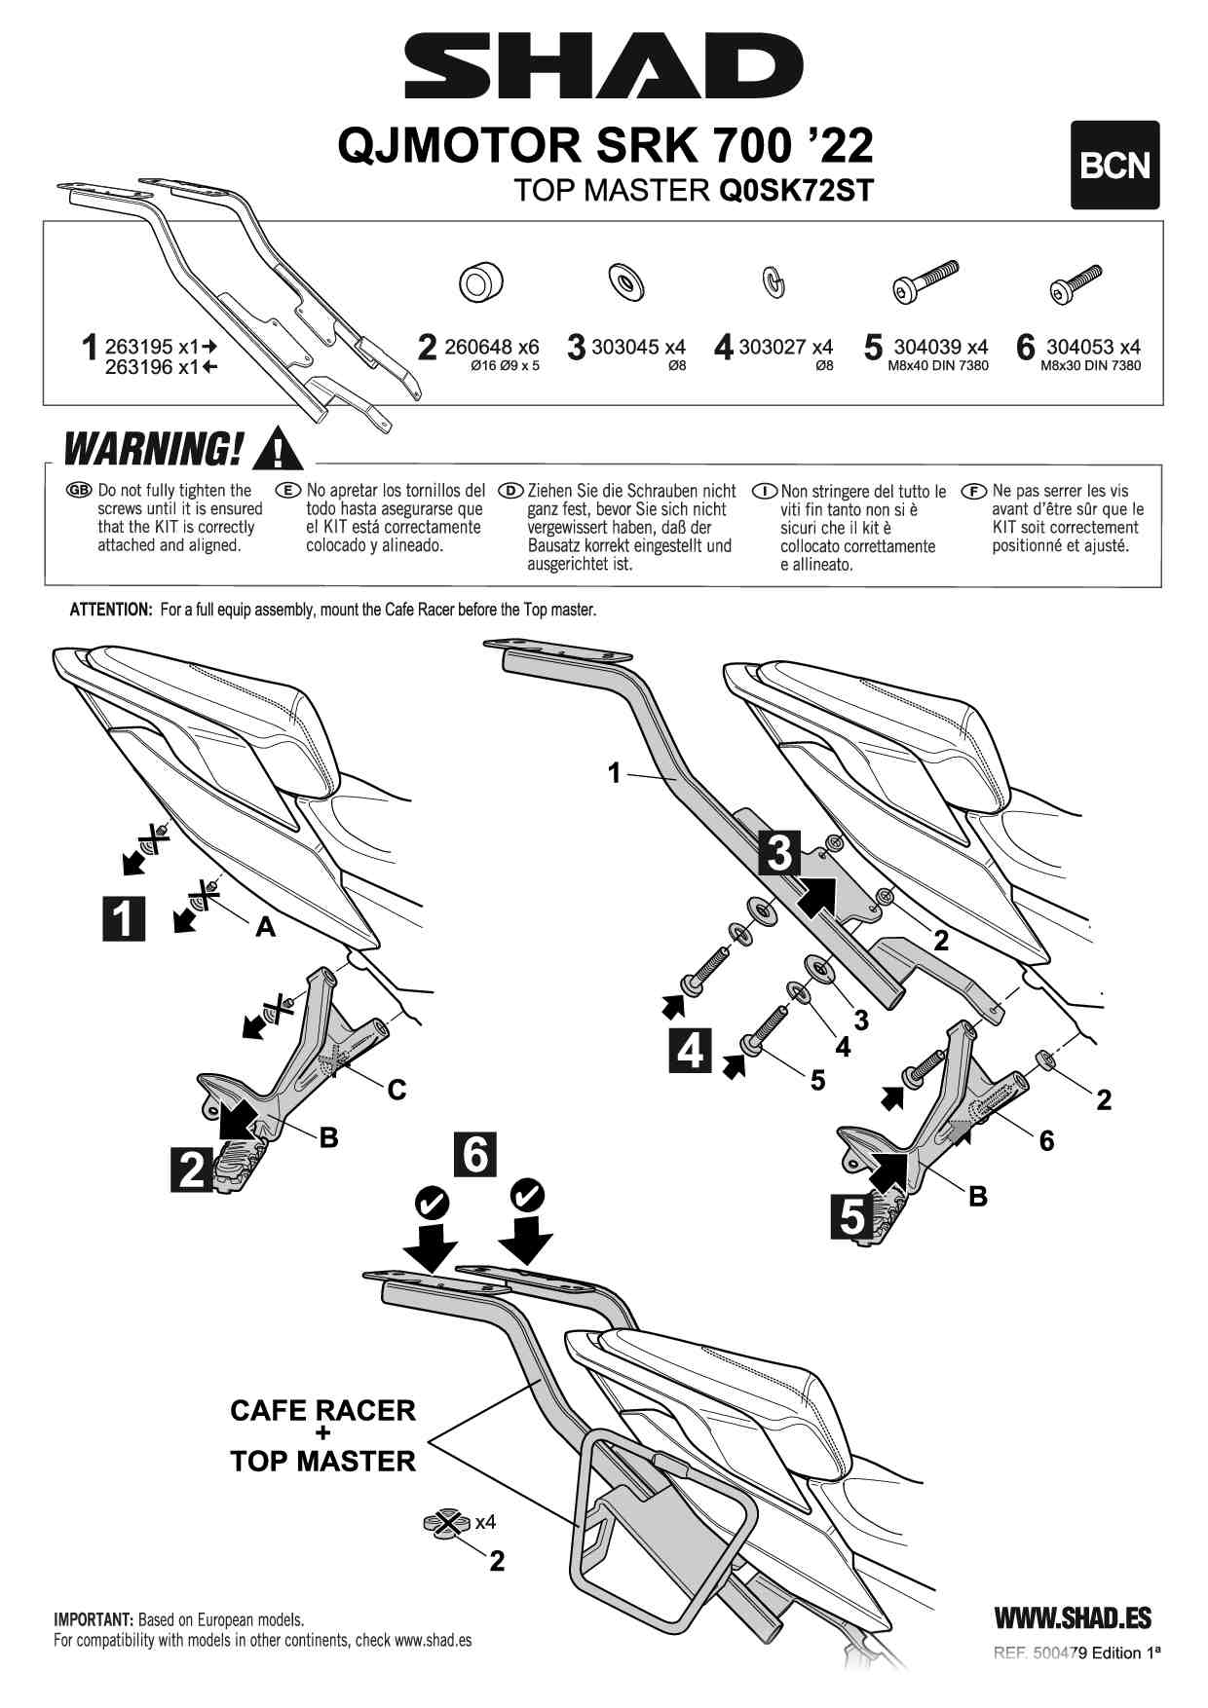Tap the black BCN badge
(x=1114, y=166)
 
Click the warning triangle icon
(x=278, y=449)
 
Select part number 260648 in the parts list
(x=478, y=347)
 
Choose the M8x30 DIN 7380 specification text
(x=1090, y=366)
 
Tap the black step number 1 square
(x=124, y=918)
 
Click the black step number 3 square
(x=779, y=853)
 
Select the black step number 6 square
(x=474, y=1155)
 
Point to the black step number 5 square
(x=852, y=1217)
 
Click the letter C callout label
(x=396, y=1090)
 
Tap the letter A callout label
(x=265, y=928)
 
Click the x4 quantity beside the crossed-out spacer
(x=484, y=1522)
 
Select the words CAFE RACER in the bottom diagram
(x=322, y=1410)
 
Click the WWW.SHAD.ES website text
(x=1073, y=1618)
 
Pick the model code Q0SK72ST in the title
(x=796, y=190)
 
